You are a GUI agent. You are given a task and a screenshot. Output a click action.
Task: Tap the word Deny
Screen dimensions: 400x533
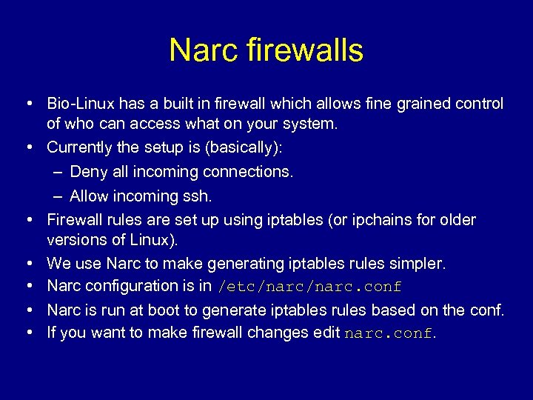pos(87,172)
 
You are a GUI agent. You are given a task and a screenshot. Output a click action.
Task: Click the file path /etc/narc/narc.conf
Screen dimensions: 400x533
pos(309,287)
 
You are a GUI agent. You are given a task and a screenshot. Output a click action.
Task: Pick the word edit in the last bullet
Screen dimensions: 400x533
pos(326,333)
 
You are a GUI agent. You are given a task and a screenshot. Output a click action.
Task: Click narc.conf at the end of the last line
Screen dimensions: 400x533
pos(388,333)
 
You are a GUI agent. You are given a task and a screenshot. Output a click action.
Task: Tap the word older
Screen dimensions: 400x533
pos(457,220)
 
